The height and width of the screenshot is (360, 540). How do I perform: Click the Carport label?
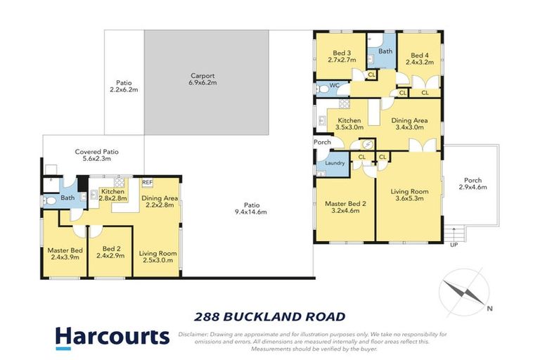(x=202, y=79)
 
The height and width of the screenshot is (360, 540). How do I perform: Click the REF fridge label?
(x=147, y=182)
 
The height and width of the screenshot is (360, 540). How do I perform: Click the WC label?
(x=335, y=85)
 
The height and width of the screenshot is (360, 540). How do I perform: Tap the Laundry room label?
(x=335, y=163)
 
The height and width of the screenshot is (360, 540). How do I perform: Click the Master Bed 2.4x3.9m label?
(x=65, y=254)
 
